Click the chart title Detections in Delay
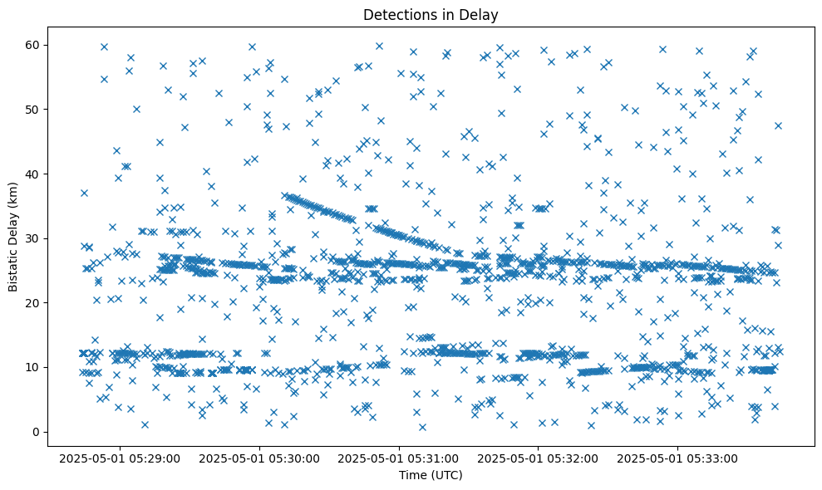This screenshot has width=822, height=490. coord(431,14)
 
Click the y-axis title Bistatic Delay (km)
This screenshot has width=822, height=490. coord(13,236)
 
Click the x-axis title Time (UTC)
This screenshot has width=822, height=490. coord(431,475)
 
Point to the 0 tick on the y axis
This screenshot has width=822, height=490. coord(37,432)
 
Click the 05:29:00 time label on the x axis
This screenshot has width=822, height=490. coord(121,458)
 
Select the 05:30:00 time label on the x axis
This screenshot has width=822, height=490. coord(260,458)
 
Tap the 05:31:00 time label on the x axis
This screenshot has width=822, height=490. coord(400,458)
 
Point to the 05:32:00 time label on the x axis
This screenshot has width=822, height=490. coord(539,458)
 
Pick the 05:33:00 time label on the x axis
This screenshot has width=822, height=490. coord(678,458)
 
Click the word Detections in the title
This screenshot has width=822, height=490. coord(397,14)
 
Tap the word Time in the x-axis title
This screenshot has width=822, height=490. coord(413,475)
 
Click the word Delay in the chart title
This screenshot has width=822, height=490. coord(481,14)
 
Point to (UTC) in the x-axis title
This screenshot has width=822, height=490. coord(445,475)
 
